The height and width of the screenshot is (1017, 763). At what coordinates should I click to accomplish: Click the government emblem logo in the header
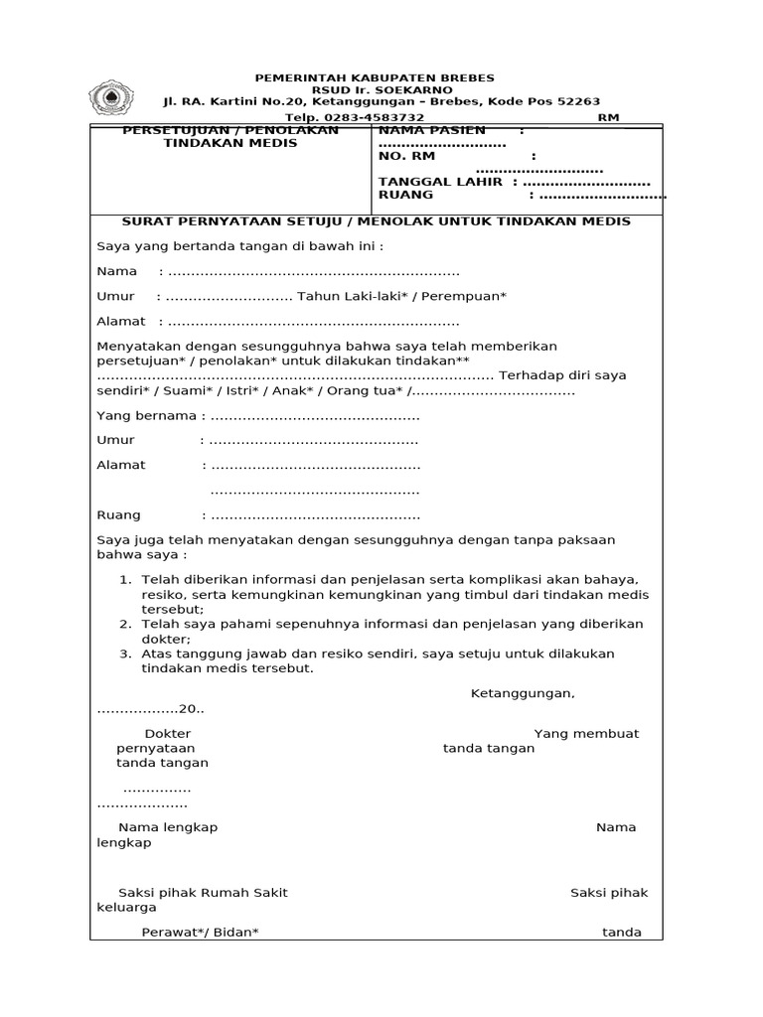[112, 97]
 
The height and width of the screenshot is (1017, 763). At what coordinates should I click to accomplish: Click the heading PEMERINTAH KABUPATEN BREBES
[375, 77]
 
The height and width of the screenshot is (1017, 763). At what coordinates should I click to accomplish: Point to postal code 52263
[580, 101]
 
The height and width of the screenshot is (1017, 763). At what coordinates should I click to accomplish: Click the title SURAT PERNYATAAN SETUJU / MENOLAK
[376, 221]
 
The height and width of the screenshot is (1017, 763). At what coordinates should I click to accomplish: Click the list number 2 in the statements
[125, 624]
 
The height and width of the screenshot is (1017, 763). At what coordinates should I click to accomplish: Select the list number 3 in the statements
[125, 654]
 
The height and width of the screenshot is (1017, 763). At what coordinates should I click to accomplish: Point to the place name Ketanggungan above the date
[522, 693]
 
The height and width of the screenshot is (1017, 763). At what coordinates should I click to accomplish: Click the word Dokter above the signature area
[167, 733]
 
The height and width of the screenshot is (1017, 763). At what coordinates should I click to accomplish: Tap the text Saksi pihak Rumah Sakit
[203, 892]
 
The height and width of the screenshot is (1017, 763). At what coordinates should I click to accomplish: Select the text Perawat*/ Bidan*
[200, 932]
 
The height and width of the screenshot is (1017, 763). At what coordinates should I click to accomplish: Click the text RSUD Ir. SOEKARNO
[375, 89]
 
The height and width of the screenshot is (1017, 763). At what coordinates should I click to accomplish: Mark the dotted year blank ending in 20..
[149, 709]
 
